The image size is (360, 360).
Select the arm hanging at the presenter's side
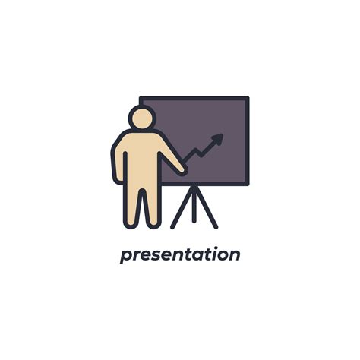click(118, 160)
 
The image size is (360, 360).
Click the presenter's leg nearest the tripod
click(152, 204)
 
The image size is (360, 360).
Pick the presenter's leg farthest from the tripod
click(132, 204)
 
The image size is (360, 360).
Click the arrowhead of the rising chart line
click(219, 139)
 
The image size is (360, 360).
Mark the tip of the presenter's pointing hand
click(183, 170)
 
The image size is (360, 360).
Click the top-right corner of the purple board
click(247, 99)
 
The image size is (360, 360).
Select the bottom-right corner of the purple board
click(247, 184)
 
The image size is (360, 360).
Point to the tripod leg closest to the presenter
click(181, 207)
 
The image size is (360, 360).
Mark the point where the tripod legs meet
click(194, 187)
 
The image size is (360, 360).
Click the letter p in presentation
click(125, 257)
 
